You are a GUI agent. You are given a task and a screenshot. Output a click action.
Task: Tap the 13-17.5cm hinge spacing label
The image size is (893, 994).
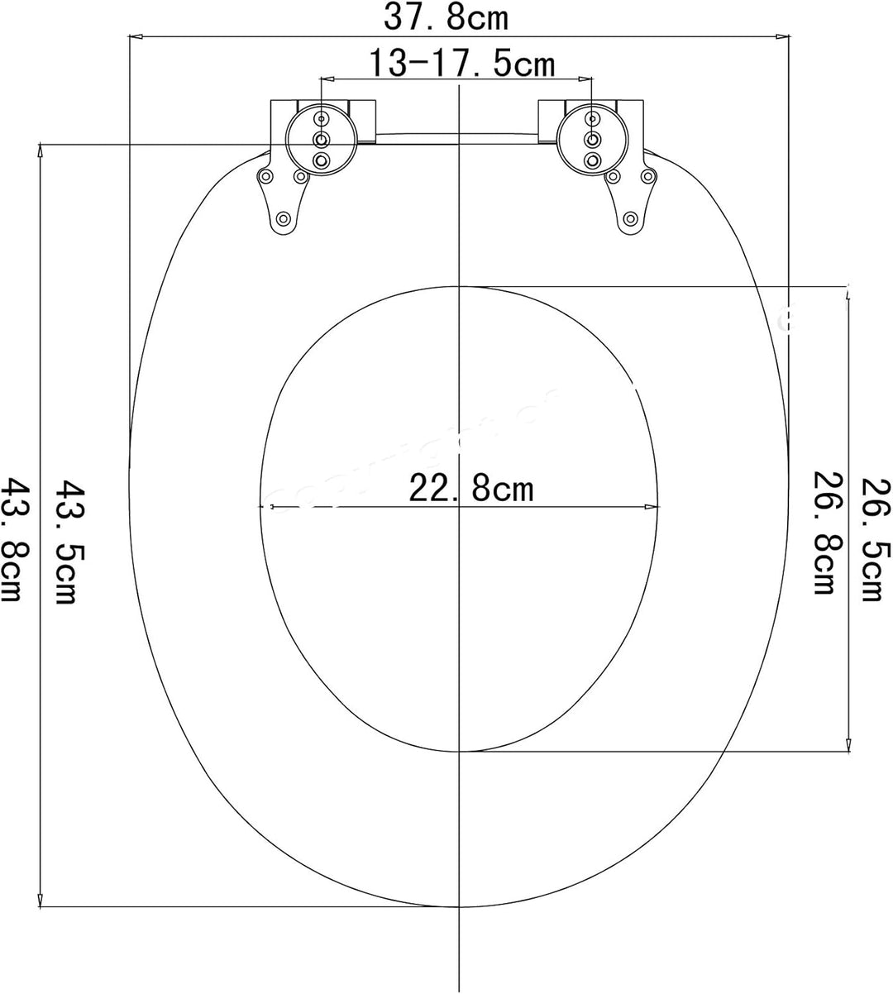[x=461, y=63]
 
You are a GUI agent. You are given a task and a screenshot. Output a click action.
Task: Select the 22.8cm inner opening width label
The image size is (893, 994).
[x=471, y=490]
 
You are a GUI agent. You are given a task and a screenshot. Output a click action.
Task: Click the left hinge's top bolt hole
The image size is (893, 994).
[x=322, y=119]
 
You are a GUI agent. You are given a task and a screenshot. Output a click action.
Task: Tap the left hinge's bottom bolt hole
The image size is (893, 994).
[x=322, y=158]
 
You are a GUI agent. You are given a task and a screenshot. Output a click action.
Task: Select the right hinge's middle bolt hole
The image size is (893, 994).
[x=592, y=138]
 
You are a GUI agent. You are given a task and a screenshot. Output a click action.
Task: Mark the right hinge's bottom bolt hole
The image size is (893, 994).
[x=592, y=158]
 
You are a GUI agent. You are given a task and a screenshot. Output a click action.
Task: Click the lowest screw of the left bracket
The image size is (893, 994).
[x=284, y=219]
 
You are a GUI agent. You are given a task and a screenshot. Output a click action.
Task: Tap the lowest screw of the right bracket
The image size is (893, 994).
[x=631, y=219]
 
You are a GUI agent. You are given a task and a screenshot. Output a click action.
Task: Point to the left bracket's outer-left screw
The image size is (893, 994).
[x=266, y=176]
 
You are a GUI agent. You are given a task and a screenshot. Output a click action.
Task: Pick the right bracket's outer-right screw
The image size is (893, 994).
[x=650, y=176]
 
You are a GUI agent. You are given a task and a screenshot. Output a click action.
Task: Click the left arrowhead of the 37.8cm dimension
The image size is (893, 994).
[x=135, y=36]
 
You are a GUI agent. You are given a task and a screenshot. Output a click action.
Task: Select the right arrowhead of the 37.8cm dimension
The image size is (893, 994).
[x=782, y=36]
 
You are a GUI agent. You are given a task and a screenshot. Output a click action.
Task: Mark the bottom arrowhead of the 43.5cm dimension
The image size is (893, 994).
[x=40, y=901]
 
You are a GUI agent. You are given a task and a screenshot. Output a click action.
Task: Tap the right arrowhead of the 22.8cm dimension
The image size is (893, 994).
[x=656, y=506]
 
